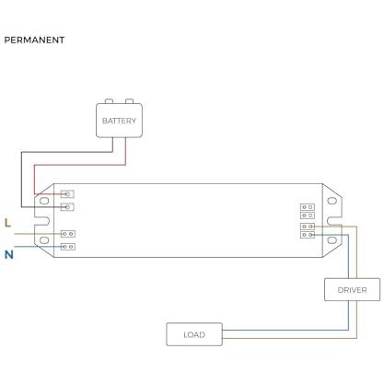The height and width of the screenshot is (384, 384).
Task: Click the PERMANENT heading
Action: [x=34, y=41]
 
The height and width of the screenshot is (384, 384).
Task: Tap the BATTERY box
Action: [x=119, y=121]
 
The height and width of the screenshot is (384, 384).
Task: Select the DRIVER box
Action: [x=352, y=290]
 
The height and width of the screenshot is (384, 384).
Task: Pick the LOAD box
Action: [x=194, y=334]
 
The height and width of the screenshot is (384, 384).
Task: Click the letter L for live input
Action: [x=8, y=223]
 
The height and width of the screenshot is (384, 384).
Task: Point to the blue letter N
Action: [x=9, y=254]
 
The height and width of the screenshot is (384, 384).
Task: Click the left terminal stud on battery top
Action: [x=109, y=101]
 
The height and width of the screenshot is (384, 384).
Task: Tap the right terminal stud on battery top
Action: [x=129, y=101]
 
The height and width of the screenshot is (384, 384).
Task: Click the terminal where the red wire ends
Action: [x=67, y=194]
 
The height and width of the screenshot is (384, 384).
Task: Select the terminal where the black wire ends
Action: [x=67, y=207]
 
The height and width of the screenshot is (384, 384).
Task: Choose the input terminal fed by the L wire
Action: [x=68, y=234]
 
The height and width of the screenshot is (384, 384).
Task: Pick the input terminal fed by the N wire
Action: [x=68, y=247]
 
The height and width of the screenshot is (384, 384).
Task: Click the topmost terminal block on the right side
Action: [x=308, y=207]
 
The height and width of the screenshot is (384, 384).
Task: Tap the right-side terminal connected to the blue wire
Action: [x=308, y=235]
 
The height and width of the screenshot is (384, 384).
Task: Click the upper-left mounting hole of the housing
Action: [x=44, y=201]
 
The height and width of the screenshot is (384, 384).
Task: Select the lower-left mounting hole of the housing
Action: [x=44, y=240]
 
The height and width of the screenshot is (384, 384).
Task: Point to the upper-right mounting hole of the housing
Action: [x=332, y=201]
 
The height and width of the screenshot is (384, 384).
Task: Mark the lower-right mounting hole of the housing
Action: [x=332, y=240]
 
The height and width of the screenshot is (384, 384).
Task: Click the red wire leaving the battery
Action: [x=80, y=165]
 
